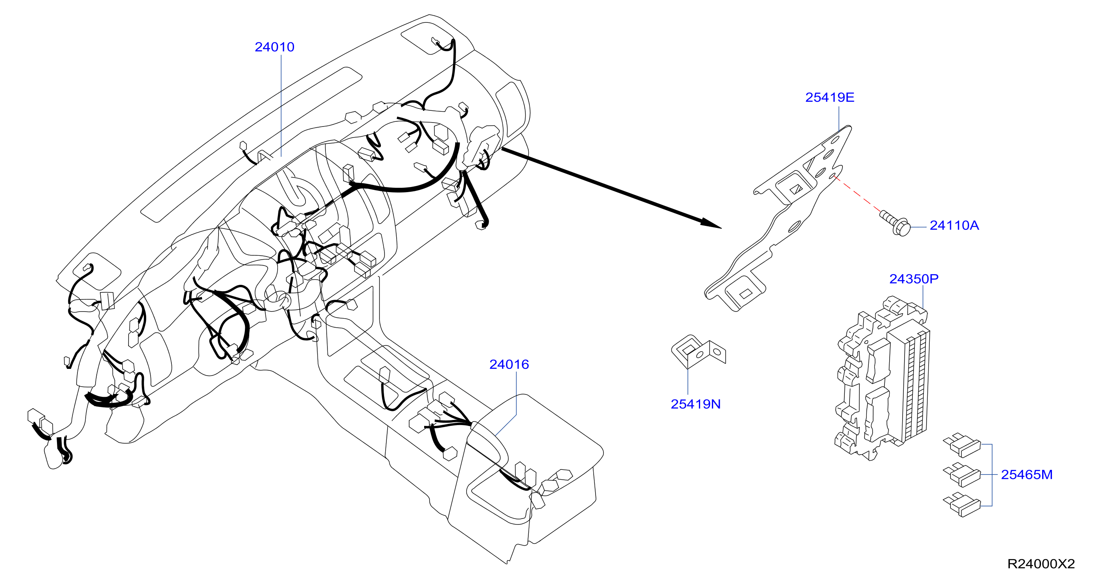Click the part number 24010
point(274,47)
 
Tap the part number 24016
point(509,365)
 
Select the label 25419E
point(830,97)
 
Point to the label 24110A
point(954,225)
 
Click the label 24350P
point(914,279)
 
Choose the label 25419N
point(695,404)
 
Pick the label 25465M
point(1026,475)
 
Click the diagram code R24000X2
point(1041,564)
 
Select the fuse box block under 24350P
point(883,378)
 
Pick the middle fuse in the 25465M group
point(962,475)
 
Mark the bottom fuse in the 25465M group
point(962,505)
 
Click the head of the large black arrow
point(710,224)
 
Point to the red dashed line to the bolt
point(856,194)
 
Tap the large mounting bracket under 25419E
point(778,218)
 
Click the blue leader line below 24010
point(281,105)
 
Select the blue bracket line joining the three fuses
point(992,475)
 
